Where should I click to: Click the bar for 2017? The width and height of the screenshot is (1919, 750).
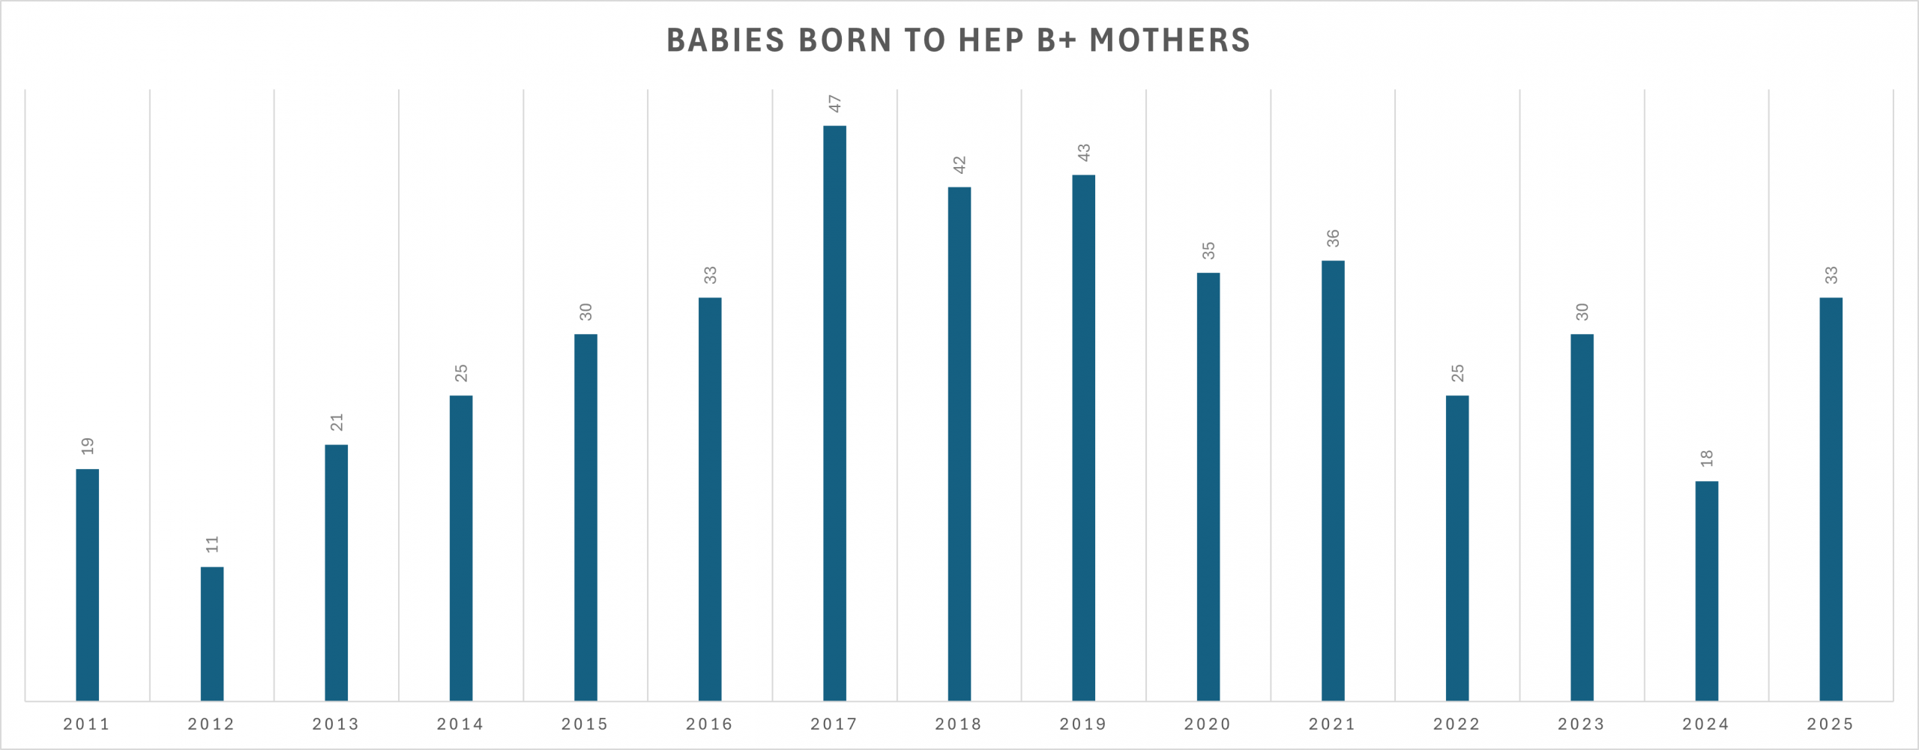click(834, 412)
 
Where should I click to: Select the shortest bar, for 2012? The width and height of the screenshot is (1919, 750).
click(212, 633)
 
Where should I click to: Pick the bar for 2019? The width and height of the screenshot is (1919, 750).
click(1083, 438)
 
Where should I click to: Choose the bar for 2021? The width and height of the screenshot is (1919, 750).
click(1333, 480)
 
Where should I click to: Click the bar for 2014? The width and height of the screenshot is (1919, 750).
click(461, 548)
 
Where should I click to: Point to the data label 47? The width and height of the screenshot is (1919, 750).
click(834, 104)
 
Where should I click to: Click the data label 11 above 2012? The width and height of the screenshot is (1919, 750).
click(212, 545)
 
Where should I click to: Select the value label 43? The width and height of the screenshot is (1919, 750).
click(1083, 153)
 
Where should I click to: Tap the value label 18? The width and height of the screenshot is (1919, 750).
click(1707, 459)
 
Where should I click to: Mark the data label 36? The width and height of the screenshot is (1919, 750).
click(1333, 239)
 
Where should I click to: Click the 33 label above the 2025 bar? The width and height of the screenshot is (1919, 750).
click(1831, 276)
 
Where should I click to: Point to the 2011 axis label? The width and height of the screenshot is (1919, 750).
click(87, 725)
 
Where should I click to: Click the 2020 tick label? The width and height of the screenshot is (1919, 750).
click(1208, 725)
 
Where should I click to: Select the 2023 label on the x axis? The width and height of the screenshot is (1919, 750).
click(1582, 725)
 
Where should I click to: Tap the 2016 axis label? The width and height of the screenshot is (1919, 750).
click(710, 725)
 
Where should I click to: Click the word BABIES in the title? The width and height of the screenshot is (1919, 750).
click(725, 40)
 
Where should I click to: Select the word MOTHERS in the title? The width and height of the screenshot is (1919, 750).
click(1169, 40)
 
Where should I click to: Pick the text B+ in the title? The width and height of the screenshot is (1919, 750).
click(1056, 40)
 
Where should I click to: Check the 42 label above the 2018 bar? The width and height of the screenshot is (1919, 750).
click(959, 166)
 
